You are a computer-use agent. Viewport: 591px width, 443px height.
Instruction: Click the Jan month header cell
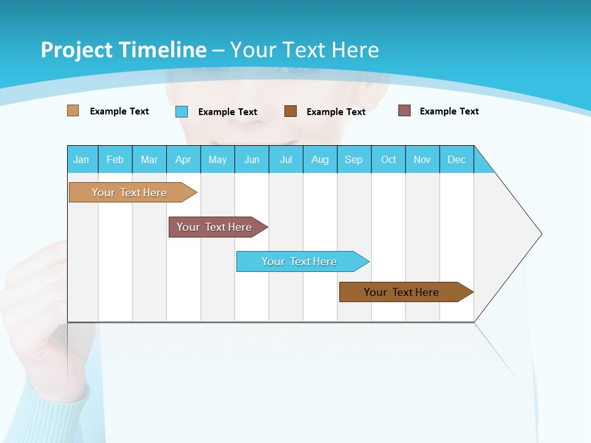82,159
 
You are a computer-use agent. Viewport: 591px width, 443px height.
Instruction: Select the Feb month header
115,159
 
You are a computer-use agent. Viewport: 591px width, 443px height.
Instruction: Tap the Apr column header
183,159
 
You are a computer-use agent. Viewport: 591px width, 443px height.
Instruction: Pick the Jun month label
252,159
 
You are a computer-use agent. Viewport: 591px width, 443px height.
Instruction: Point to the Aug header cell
320,159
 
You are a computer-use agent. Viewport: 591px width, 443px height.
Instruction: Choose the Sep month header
354,159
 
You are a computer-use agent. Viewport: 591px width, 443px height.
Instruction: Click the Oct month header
388,159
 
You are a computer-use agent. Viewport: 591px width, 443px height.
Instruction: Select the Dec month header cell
457,159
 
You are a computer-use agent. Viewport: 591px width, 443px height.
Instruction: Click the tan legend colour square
73,111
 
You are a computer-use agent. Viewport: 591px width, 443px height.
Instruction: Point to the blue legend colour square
182,111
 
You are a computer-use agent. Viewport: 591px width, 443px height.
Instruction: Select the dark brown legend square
291,111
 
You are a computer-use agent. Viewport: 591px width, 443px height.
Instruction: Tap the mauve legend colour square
404,111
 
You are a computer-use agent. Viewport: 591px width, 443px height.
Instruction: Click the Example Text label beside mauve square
449,111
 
